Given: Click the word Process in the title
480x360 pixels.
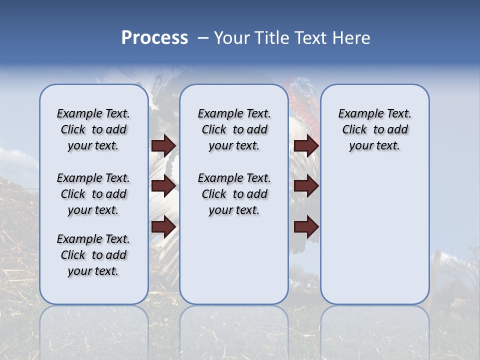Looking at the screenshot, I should point(154,38).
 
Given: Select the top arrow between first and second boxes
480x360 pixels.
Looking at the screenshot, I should point(163,145).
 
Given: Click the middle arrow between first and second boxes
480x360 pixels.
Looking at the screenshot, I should point(163,186).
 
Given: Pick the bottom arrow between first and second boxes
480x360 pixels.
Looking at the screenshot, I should point(163,227).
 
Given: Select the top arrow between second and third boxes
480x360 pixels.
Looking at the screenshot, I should point(306,145).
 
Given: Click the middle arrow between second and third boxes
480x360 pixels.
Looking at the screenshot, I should point(306,186).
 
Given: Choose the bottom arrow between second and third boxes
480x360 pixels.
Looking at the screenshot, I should point(306,227).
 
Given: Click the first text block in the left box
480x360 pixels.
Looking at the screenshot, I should point(93,129).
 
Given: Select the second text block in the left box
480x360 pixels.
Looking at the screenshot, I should point(93,194).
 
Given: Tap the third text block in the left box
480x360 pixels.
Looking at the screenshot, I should point(93,255).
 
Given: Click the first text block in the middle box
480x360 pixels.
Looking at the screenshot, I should point(234,129).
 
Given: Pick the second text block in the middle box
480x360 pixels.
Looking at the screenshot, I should point(234,194).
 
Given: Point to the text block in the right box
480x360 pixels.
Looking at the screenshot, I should point(374,129).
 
